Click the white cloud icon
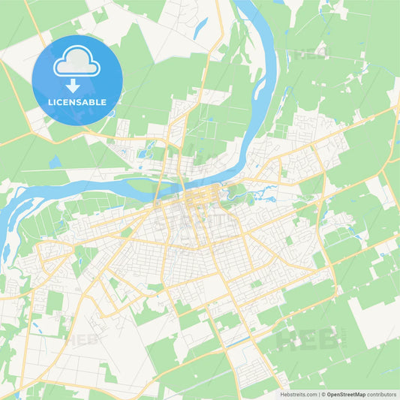click(x=77, y=62)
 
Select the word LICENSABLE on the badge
click(x=77, y=101)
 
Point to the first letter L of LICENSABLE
click(x=50, y=101)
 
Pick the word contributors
click(x=380, y=394)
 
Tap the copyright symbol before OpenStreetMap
click(x=323, y=394)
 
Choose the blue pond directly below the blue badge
click(x=55, y=161)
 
